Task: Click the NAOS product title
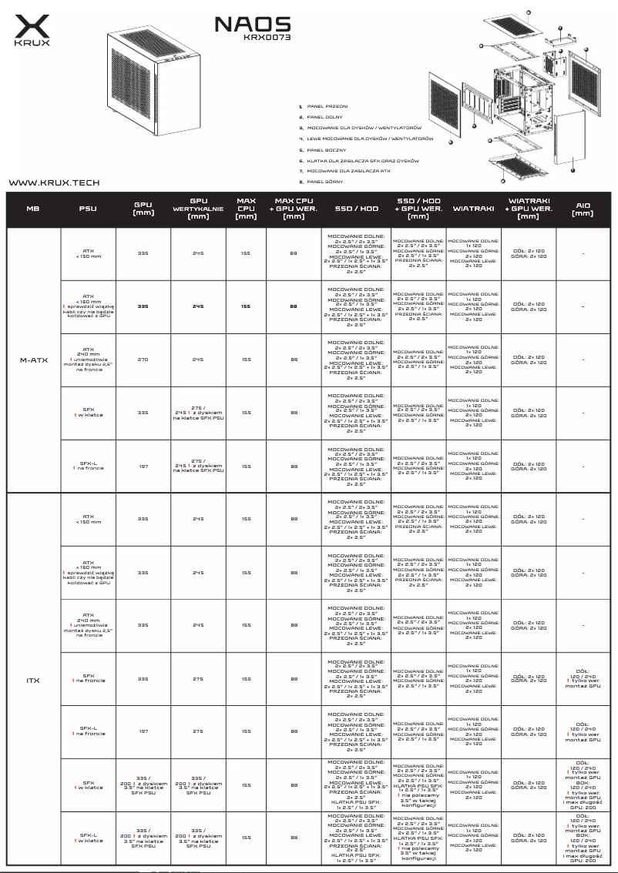(x=252, y=24)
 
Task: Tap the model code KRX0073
(x=267, y=36)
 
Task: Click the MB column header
(x=32, y=209)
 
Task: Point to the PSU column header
(x=88, y=209)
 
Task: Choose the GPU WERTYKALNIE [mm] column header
(x=198, y=209)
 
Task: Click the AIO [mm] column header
(x=583, y=209)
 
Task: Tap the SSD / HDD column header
(x=356, y=209)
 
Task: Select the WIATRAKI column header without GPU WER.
(x=473, y=209)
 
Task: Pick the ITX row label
(x=33, y=681)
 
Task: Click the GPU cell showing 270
(x=143, y=360)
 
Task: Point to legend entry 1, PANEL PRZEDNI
(x=327, y=105)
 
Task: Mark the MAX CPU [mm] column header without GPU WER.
(x=246, y=209)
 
